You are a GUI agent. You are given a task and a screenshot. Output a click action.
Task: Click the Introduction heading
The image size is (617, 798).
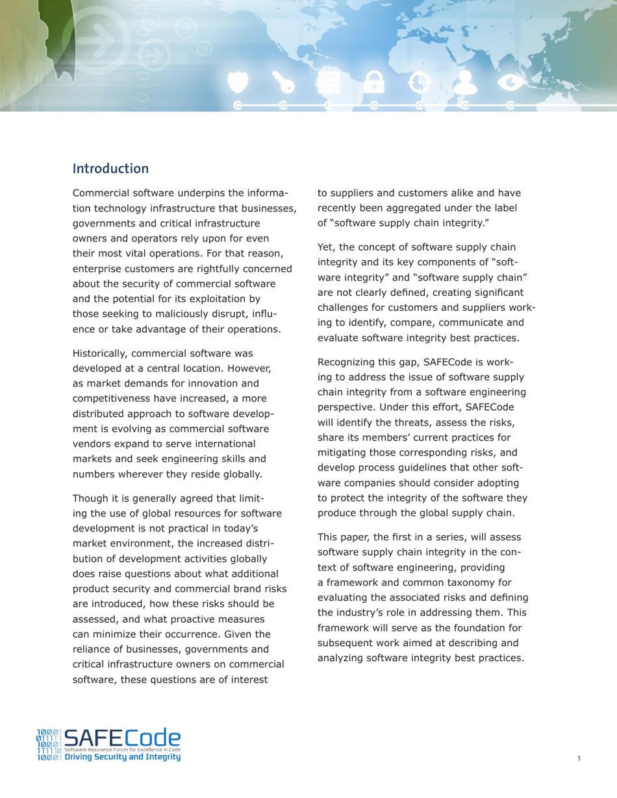point(110,169)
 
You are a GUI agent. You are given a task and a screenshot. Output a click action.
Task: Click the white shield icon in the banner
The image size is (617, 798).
point(240,82)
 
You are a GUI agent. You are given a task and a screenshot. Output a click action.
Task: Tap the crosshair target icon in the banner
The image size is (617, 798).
point(419,82)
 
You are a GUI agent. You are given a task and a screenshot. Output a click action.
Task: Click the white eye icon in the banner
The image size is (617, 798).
point(510,82)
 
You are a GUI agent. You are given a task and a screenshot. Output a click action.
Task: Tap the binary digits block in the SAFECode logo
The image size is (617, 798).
point(49,744)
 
